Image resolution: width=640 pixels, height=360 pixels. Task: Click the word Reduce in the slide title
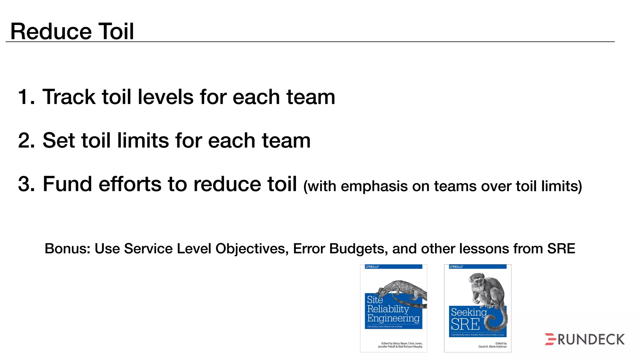(x=51, y=31)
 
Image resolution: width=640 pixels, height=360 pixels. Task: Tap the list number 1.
(x=25, y=97)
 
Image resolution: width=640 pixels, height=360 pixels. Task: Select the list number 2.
(x=26, y=140)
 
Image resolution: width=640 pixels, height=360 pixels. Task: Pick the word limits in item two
(x=143, y=140)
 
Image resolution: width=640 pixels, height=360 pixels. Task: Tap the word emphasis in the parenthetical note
(x=374, y=186)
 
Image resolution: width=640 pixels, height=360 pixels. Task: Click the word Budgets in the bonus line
(x=354, y=249)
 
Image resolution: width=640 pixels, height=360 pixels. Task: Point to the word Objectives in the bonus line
(x=251, y=249)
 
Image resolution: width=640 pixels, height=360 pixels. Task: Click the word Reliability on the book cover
(x=388, y=309)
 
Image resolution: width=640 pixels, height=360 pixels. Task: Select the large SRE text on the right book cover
(x=465, y=324)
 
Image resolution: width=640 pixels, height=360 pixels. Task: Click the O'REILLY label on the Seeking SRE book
(x=456, y=267)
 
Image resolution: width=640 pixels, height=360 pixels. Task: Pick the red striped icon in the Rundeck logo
(x=550, y=339)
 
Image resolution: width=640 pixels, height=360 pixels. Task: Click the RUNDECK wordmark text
(x=591, y=340)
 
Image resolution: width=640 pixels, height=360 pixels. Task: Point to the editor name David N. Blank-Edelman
(x=492, y=347)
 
